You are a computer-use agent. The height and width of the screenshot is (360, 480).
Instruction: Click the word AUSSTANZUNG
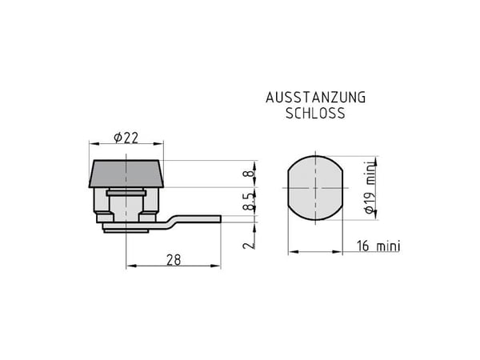316,98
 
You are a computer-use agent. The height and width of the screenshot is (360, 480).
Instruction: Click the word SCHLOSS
315,114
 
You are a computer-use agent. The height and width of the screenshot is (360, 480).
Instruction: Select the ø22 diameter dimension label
126,138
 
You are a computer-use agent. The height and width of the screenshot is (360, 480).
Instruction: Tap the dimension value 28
174,260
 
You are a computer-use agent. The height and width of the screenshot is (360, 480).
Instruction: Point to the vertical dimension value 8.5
249,202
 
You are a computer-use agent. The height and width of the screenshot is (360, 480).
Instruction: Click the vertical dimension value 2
249,245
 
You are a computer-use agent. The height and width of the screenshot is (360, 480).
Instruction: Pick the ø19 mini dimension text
370,187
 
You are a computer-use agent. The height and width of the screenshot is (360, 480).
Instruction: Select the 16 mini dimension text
378,246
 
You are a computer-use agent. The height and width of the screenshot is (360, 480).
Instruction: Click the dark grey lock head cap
126,174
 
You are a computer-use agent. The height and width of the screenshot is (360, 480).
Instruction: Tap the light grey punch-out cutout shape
315,188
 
